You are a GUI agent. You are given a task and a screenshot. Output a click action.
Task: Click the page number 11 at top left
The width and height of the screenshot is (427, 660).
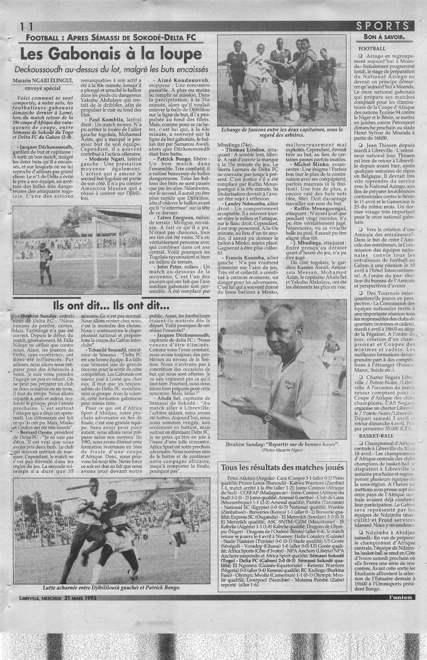click(25, 26)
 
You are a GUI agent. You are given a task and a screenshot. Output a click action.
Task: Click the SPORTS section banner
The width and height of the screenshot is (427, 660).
click(386, 26)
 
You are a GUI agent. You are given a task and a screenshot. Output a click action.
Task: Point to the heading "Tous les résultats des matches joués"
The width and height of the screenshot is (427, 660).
click(282, 467)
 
